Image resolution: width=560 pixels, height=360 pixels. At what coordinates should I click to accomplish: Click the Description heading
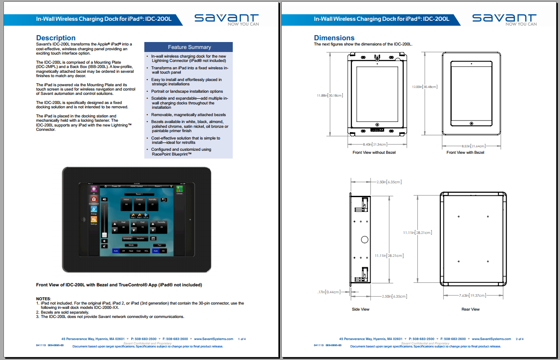click(x=56, y=38)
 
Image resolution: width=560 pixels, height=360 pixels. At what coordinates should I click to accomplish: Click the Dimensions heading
click(x=334, y=38)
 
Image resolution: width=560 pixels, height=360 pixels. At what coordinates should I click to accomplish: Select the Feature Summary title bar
click(x=189, y=47)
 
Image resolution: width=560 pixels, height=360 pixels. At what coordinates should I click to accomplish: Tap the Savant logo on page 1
click(x=227, y=19)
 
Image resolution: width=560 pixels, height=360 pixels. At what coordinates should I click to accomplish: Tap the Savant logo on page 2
click(x=505, y=19)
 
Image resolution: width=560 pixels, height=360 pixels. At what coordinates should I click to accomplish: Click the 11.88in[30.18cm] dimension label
click(x=330, y=95)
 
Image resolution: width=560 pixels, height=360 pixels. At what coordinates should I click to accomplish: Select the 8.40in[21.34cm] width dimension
click(x=374, y=144)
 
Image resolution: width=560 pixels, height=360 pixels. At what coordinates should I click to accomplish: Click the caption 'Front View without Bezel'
click(x=374, y=152)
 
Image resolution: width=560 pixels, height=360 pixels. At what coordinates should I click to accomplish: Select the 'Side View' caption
click(x=360, y=309)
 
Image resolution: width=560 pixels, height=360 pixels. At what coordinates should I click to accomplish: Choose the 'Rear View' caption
click(x=470, y=309)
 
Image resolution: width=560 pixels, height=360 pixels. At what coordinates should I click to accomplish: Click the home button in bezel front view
click(x=472, y=123)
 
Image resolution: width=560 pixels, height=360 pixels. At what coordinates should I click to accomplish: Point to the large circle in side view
click(x=365, y=239)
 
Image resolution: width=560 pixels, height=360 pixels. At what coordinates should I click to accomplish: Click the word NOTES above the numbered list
click(x=43, y=299)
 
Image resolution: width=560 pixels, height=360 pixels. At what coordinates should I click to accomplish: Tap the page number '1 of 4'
click(x=242, y=339)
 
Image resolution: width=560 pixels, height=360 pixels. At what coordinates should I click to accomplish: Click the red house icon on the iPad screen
click(x=94, y=199)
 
